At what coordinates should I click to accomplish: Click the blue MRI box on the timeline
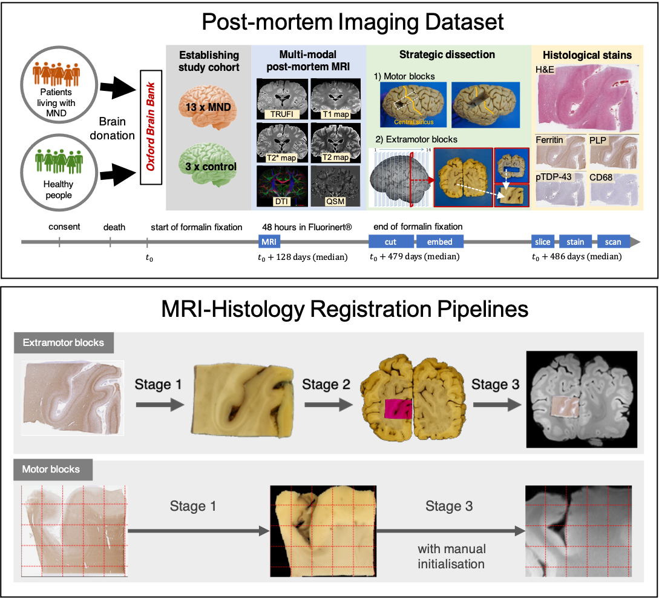point(269,242)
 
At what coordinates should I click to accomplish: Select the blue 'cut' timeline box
point(390,242)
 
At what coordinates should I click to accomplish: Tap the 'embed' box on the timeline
point(440,242)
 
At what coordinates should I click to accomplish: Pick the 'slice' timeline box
point(543,242)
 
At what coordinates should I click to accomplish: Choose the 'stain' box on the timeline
point(575,242)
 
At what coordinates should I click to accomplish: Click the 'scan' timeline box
point(613,242)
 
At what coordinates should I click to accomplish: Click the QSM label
point(335,201)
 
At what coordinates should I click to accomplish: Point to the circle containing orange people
point(59,76)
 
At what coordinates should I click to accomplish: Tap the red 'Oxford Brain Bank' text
point(151,126)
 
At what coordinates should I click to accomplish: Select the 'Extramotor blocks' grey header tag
point(63,343)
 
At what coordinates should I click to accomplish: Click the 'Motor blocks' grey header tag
point(51,470)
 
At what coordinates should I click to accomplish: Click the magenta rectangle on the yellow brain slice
point(399,408)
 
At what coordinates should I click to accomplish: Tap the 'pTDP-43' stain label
point(554,176)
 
